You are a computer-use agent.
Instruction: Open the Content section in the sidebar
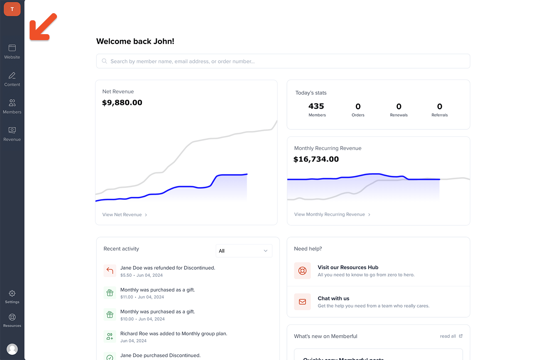click(12, 79)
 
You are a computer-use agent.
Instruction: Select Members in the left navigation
click(12, 106)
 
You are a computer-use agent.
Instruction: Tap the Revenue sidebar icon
click(12, 134)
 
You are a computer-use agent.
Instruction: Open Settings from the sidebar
click(12, 297)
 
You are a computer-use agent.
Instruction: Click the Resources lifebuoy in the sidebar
click(12, 320)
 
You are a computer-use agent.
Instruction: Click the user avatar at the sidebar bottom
click(12, 349)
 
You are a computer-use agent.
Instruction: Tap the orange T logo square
click(12, 9)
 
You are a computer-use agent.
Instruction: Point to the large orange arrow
click(42, 28)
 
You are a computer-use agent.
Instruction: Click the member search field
click(283, 61)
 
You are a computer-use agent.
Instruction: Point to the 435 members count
click(316, 106)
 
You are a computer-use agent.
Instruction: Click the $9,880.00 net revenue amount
click(122, 103)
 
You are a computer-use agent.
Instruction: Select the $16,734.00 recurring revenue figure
click(316, 159)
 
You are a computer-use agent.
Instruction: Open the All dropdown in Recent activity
click(244, 251)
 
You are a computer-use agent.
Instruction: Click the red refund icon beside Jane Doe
click(110, 271)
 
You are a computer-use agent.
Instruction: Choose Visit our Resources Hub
click(348, 267)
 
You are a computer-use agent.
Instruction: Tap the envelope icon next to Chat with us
click(302, 302)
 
